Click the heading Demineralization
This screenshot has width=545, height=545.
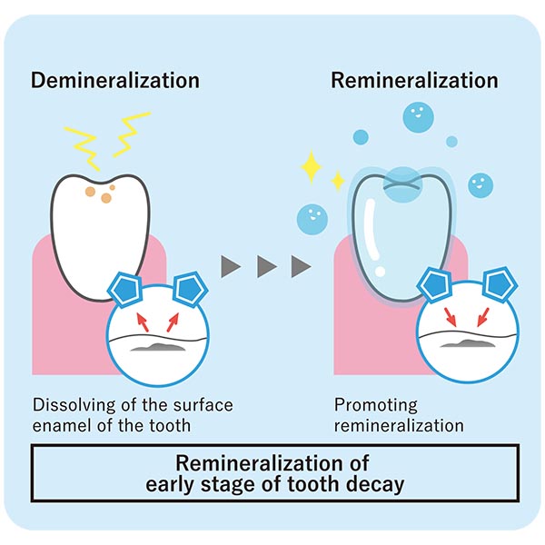click(115, 80)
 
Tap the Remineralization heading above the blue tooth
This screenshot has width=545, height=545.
click(414, 80)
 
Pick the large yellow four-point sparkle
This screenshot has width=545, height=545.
click(314, 167)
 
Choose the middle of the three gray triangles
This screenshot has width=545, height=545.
click(266, 266)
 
